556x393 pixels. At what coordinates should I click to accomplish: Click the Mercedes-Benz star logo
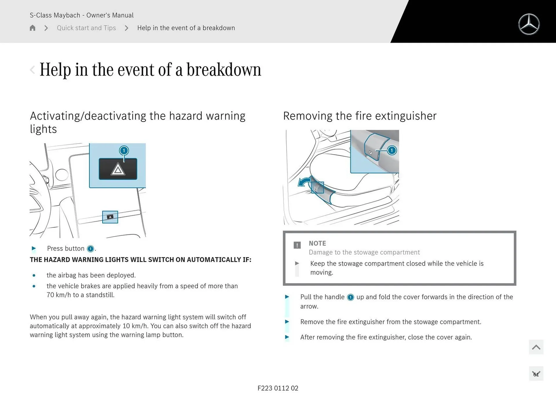[529, 24]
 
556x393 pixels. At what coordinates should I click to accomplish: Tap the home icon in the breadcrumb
[32, 28]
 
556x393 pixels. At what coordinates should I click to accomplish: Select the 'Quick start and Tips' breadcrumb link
[86, 28]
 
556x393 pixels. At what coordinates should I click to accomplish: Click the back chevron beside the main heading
[32, 70]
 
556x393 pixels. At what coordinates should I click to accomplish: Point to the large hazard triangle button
[118, 169]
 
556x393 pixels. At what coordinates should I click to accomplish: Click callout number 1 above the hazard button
[124, 150]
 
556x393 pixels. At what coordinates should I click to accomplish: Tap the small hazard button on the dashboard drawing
[110, 217]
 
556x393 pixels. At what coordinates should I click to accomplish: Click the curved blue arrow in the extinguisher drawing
[304, 183]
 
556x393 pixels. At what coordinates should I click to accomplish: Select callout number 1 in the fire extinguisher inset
[392, 150]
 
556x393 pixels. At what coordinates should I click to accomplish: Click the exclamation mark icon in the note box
[297, 245]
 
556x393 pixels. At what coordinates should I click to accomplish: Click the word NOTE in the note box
[317, 243]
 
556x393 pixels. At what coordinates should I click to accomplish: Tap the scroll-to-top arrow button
[536, 347]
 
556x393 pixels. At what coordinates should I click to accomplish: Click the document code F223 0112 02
[278, 388]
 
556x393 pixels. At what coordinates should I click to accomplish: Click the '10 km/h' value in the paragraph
[135, 326]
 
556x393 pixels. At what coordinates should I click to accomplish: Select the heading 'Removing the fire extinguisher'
[360, 116]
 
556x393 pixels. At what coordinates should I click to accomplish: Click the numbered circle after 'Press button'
[90, 249]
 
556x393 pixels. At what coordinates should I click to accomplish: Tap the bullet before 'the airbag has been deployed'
[34, 275]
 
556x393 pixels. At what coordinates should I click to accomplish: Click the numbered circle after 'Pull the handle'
[350, 297]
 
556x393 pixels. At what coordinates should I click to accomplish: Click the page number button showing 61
[536, 374]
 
